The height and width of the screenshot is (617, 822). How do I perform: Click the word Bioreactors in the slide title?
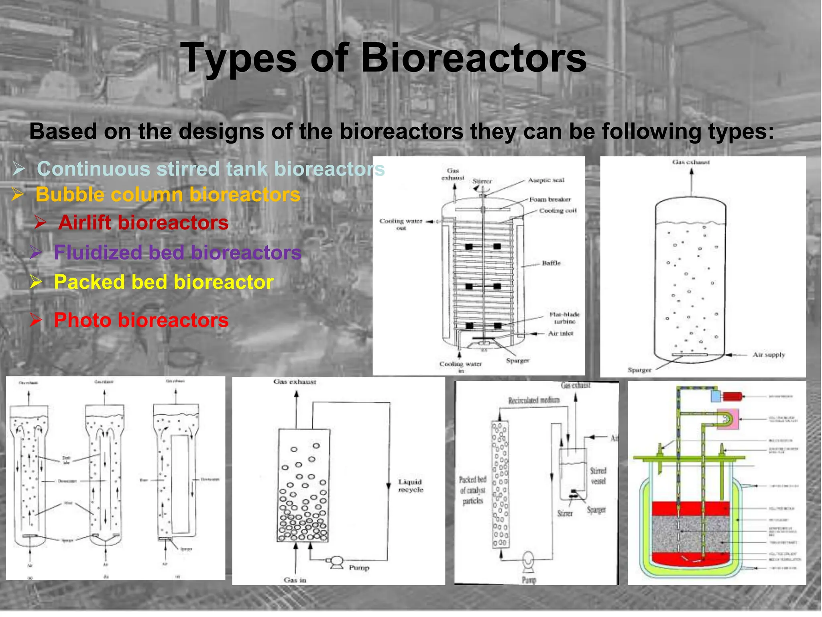[x=474, y=58]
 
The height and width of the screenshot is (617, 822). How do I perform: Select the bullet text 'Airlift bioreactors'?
[x=143, y=223]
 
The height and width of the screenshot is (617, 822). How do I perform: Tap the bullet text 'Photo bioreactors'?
[x=141, y=320]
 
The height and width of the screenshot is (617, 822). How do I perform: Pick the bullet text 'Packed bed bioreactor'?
[x=164, y=282]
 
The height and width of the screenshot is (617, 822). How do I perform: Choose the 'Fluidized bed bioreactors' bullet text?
[x=177, y=253]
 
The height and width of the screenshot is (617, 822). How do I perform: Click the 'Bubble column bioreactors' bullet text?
[x=168, y=195]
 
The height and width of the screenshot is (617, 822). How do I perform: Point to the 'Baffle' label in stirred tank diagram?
[x=551, y=263]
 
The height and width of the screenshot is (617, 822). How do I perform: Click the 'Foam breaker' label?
[x=549, y=199]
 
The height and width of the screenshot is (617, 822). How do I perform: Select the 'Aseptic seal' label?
[x=546, y=180]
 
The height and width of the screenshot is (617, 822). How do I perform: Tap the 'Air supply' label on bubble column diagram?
[x=768, y=355]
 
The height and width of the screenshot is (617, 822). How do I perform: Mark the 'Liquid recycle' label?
[x=410, y=486]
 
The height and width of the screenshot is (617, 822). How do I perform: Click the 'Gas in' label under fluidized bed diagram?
[x=295, y=580]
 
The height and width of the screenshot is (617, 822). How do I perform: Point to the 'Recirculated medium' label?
[x=533, y=400]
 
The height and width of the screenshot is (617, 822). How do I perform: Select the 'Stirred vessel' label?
[x=598, y=476]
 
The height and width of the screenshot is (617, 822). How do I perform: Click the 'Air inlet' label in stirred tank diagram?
[x=560, y=333]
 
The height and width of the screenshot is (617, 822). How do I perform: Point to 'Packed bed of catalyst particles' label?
[x=472, y=490]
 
